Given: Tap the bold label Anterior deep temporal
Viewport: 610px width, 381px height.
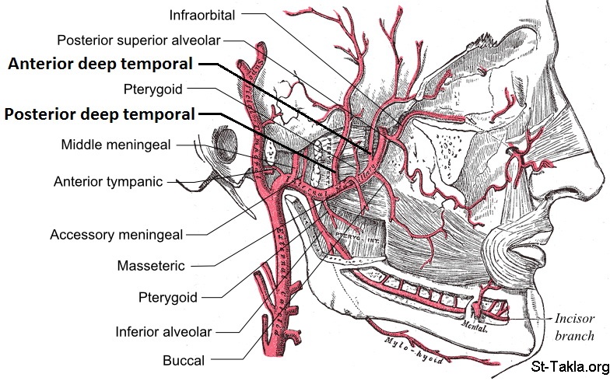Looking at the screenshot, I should pos(100,65).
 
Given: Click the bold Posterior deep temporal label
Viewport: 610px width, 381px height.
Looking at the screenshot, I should pos(99,115).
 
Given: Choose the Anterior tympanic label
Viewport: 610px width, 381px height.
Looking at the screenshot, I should pos(108,182).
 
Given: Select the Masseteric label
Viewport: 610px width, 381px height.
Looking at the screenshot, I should pos(150,266).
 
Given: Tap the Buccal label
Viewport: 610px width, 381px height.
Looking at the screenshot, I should pos(184,360).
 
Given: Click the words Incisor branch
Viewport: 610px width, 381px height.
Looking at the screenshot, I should pos(574,327).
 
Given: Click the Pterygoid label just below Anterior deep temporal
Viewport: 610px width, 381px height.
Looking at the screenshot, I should pos(152,89).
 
